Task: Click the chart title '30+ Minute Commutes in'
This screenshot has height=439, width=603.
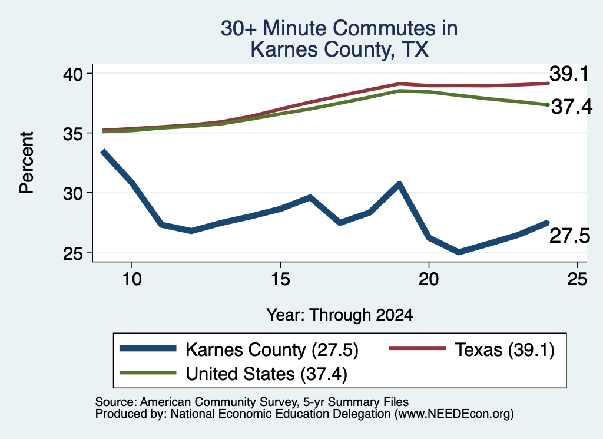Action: tap(339, 28)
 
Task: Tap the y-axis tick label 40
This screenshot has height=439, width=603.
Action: tap(73, 74)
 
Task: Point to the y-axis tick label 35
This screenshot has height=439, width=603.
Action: tap(73, 134)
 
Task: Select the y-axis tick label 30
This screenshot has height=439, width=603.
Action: tap(73, 193)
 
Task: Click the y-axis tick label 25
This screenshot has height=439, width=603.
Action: tap(73, 253)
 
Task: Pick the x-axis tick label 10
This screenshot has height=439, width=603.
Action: tap(132, 279)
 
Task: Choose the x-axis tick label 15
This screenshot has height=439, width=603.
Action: tap(280, 279)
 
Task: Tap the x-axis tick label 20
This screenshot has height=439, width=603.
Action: tap(429, 279)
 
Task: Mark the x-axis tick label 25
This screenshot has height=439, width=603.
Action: tap(577, 279)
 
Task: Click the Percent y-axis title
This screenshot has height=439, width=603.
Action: tap(26, 163)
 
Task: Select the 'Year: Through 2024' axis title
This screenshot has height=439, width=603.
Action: tap(340, 315)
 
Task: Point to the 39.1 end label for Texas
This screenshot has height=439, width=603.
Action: tap(569, 74)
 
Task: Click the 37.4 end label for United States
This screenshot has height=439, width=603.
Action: tap(572, 107)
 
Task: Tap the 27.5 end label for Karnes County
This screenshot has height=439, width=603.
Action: tap(569, 236)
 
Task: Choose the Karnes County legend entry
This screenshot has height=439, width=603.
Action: tap(239, 350)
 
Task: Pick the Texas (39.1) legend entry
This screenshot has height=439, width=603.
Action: tap(472, 350)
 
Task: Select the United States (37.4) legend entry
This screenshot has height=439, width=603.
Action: tap(233, 374)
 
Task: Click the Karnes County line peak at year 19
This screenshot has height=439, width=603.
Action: tap(399, 184)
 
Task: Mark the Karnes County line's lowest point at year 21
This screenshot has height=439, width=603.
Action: tap(458, 252)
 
